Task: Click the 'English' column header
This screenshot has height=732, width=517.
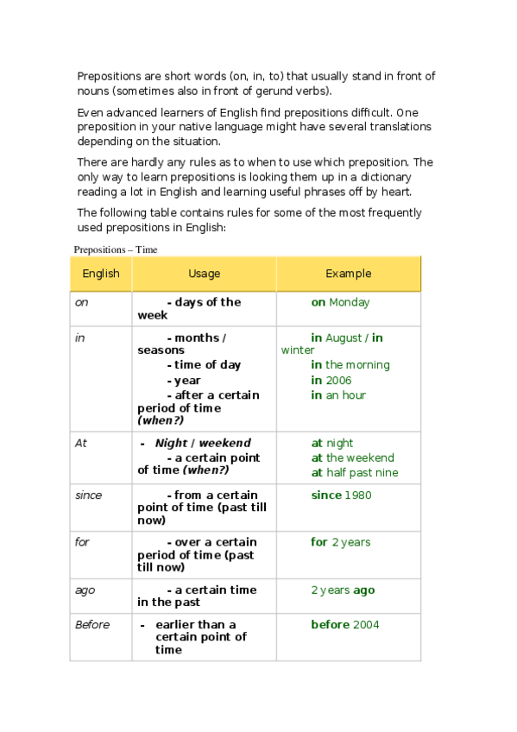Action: [x=100, y=274]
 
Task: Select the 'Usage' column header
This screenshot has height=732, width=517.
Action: [x=204, y=274]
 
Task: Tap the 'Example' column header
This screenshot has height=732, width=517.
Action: [x=348, y=274]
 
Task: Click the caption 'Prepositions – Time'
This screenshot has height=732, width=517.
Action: [x=115, y=249]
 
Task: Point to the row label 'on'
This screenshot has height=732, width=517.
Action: [x=82, y=302]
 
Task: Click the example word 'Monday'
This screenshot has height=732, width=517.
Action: [x=349, y=302]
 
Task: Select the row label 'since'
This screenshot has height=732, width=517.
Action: [x=88, y=495]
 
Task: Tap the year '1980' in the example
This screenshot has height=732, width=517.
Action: [x=358, y=495]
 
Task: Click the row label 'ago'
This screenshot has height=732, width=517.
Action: [x=85, y=590]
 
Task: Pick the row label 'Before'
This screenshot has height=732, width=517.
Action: [x=92, y=624]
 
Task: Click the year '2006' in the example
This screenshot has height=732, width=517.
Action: [x=338, y=380]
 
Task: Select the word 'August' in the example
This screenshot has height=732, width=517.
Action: [x=344, y=338]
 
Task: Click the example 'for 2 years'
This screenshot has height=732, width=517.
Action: [x=340, y=542]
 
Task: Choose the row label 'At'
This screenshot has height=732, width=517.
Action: [x=81, y=443]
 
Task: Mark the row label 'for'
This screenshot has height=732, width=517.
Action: [x=82, y=542]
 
